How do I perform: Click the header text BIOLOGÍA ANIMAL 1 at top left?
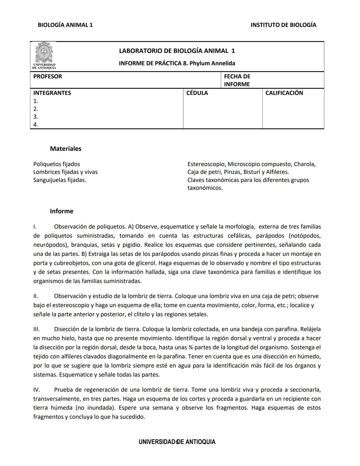point(65,25)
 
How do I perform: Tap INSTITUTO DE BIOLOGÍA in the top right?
point(283,25)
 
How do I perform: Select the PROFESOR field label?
point(48,76)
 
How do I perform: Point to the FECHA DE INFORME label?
point(237,80)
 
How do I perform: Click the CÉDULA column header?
point(197,93)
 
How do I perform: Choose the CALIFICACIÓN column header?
point(284,93)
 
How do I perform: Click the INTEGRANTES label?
point(52,93)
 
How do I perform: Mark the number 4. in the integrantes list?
point(36,125)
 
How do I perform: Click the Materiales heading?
point(66,149)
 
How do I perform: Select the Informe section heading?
point(62,211)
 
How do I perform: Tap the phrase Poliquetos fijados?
point(57,164)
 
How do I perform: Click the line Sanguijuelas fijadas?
point(60,180)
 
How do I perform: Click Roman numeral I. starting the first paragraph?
point(35,227)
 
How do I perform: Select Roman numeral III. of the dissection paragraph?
point(36,329)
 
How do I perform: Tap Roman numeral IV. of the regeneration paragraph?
point(37,390)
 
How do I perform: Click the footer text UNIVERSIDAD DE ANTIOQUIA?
point(177,442)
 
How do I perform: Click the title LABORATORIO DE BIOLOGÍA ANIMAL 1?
point(177,51)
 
